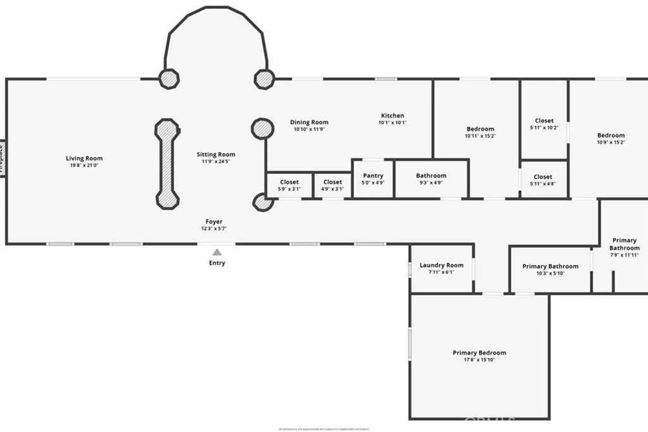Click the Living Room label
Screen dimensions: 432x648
[x=84, y=158]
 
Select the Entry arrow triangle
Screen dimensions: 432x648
[x=217, y=252]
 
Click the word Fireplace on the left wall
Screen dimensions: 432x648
[x=2, y=158]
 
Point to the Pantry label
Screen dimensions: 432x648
[x=373, y=175]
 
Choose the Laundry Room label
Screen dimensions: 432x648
[x=442, y=265]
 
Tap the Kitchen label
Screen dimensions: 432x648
[x=392, y=116]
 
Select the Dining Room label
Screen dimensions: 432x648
[x=309, y=122]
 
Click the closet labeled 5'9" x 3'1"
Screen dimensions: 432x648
[x=289, y=182]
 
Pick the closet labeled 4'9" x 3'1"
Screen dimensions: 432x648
[x=332, y=182]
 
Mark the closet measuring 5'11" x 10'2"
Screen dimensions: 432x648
[x=544, y=120]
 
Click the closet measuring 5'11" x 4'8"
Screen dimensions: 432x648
[x=543, y=177]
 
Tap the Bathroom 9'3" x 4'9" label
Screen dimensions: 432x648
[x=431, y=175]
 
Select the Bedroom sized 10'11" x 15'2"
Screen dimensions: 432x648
[x=480, y=129]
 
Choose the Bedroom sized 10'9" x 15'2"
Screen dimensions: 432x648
[x=611, y=135]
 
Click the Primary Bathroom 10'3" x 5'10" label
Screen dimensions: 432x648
[x=550, y=267]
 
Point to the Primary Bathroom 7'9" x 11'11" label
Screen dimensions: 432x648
[x=625, y=244]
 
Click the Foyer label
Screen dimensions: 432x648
[x=214, y=222]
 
